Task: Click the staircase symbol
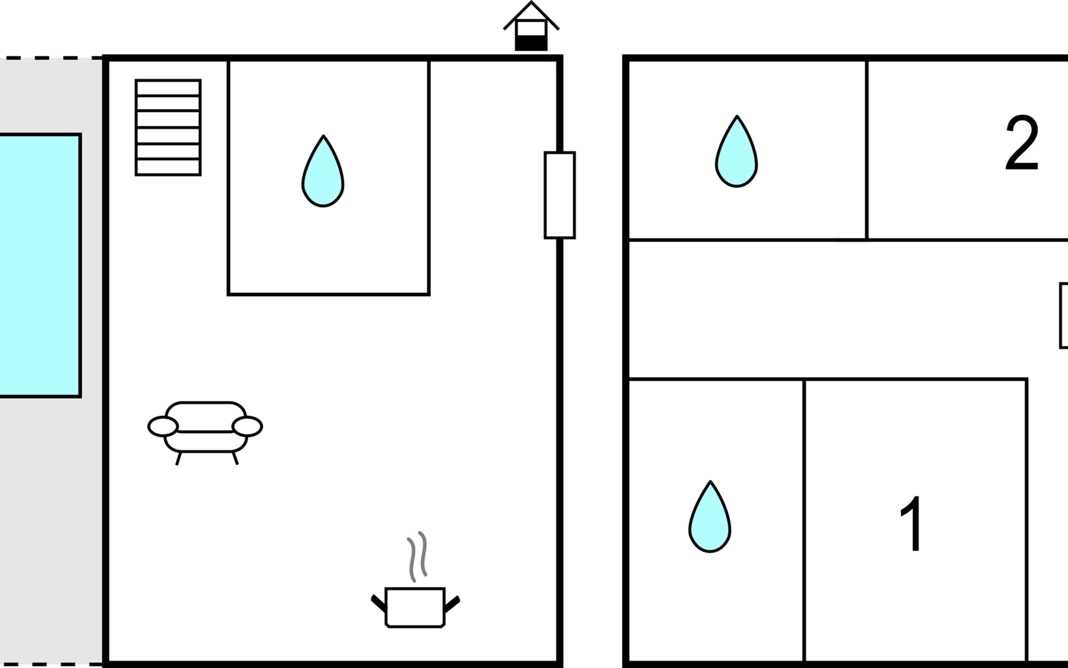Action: tap(168, 127)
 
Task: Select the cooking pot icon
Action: tap(416, 607)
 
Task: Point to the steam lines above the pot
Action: tap(417, 557)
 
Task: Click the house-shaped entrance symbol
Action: tap(531, 26)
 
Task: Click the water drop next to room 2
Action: tap(736, 151)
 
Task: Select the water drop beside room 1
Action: tap(710, 517)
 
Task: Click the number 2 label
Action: tap(1022, 143)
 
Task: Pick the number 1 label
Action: tap(911, 524)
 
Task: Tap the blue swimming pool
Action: tap(40, 265)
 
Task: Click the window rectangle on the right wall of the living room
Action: tap(560, 195)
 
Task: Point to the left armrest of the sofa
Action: tap(163, 426)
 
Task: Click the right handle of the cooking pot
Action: tap(452, 604)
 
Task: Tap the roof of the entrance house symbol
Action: tap(531, 15)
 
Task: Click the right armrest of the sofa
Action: tap(248, 426)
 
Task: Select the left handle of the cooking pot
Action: tap(379, 604)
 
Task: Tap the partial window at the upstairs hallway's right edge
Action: tap(1064, 316)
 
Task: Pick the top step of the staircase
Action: tap(168, 88)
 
